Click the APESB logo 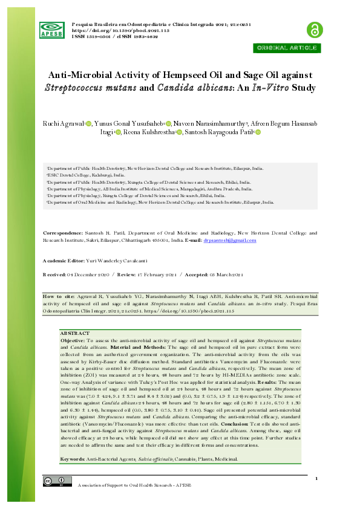tap(51, 29)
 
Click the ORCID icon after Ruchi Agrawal tap(88, 123)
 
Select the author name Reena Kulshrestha tap(149, 132)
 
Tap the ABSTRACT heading tap(74, 333)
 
